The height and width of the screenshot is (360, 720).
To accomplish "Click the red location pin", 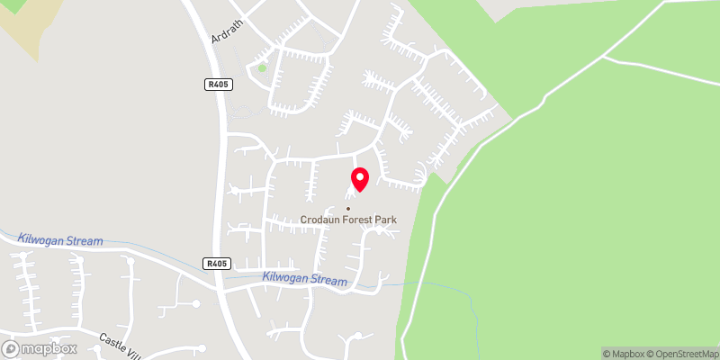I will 359,179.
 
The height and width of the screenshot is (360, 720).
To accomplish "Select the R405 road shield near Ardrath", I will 214,85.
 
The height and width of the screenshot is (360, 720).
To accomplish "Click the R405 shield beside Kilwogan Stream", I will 217,264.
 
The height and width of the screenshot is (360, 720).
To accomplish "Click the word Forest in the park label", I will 362,220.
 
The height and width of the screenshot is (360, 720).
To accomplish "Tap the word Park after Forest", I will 388,220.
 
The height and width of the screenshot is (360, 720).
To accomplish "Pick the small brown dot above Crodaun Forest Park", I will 347,209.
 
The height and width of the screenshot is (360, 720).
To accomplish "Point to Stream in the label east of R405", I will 328,281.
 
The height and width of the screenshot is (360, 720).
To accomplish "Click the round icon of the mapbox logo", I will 12,348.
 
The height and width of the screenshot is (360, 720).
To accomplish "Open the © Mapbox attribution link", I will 625,354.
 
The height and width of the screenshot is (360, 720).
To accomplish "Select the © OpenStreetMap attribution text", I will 682,354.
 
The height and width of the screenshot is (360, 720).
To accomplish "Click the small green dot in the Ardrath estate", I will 262,67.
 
